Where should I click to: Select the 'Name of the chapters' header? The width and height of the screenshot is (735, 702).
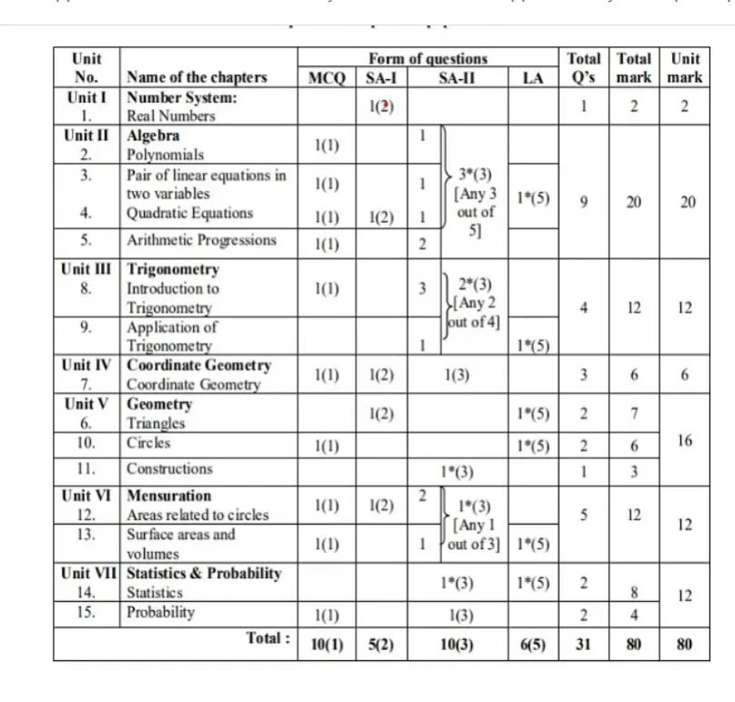[x=196, y=77]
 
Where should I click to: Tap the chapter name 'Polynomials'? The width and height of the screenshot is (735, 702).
[x=165, y=155]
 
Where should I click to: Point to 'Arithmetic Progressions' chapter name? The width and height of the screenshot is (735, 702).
[x=201, y=240]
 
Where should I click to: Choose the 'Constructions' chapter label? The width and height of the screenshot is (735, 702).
[x=169, y=469]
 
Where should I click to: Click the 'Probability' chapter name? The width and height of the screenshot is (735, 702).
[x=160, y=612]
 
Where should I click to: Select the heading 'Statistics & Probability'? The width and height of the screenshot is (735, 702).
[x=204, y=574]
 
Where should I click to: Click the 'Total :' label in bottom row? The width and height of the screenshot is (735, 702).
[x=268, y=638]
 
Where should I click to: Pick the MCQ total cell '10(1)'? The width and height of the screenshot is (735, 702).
[x=327, y=644]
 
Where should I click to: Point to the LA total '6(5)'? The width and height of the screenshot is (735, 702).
[x=532, y=644]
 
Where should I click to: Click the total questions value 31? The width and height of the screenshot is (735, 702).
[x=583, y=644]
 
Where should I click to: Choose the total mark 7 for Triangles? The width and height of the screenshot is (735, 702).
[x=633, y=415]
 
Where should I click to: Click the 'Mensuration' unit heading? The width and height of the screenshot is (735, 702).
[x=168, y=496]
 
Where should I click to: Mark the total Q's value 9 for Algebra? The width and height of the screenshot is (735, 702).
[x=583, y=203]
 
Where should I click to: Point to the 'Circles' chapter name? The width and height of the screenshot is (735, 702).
[x=148, y=444]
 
